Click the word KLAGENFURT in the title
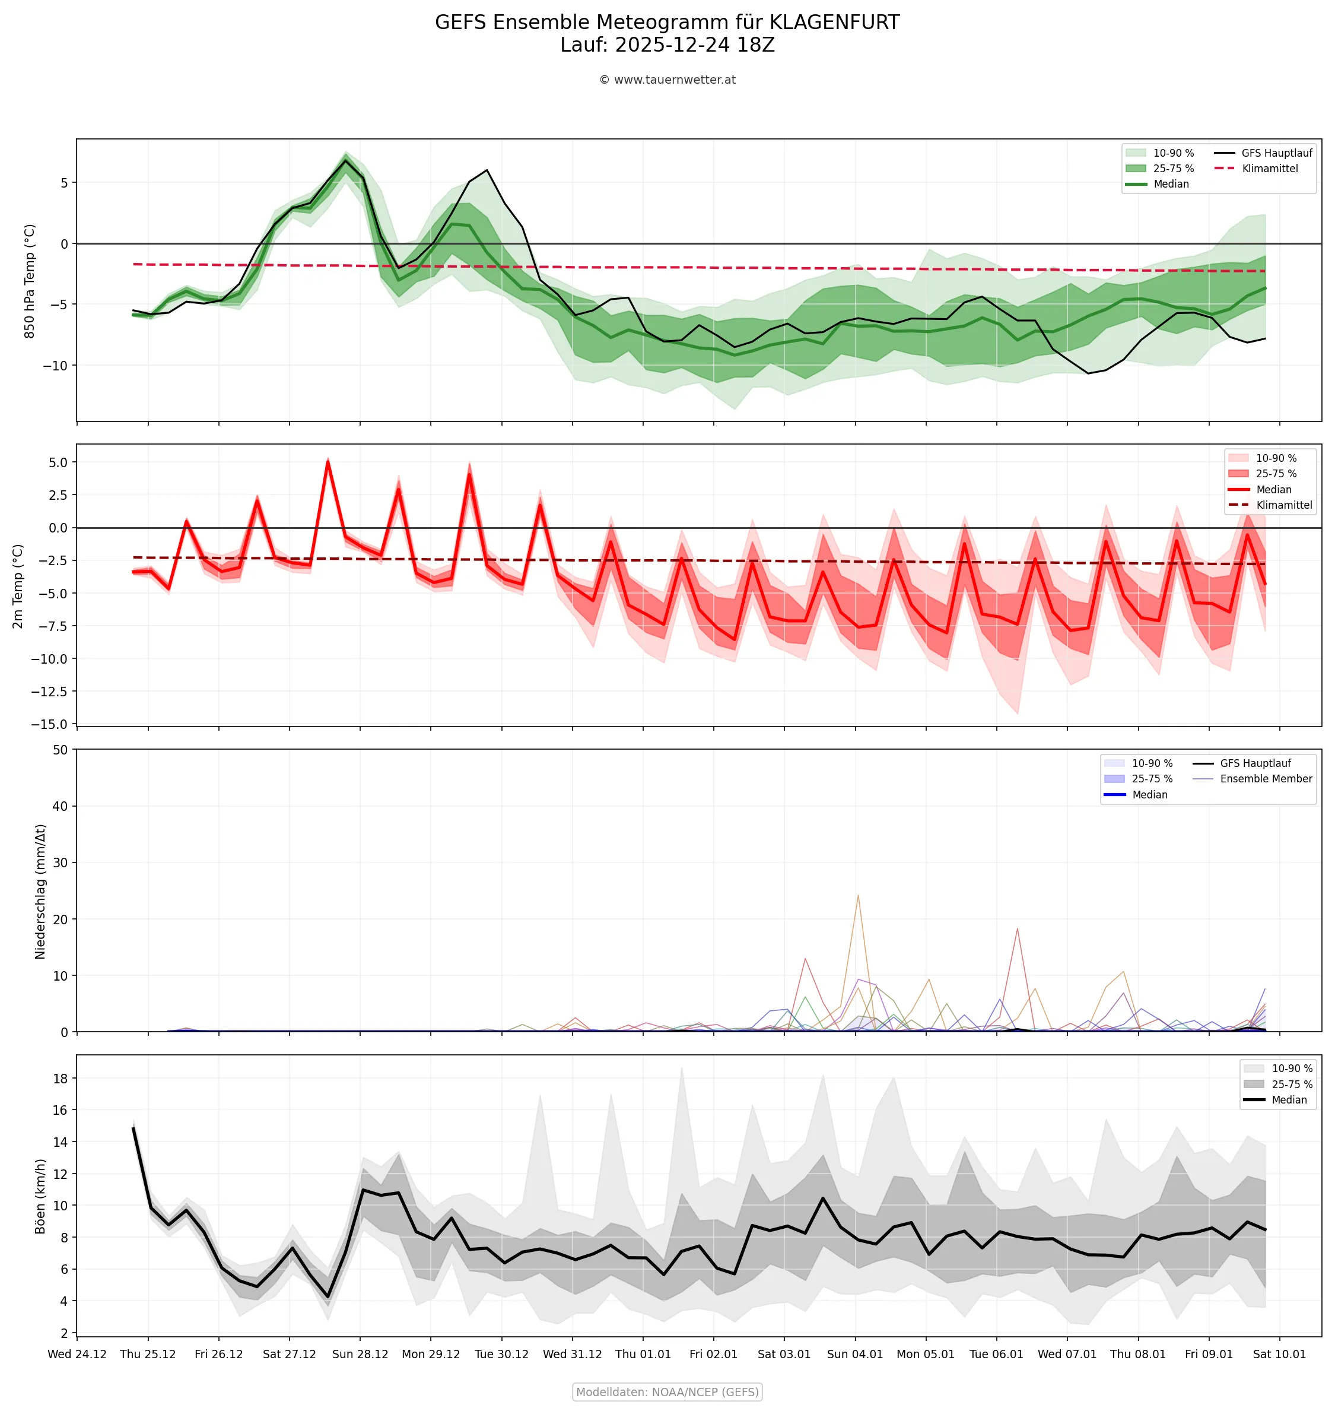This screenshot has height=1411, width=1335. click(834, 23)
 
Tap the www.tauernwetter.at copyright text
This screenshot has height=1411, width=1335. click(667, 80)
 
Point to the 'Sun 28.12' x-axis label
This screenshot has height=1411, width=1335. click(360, 1354)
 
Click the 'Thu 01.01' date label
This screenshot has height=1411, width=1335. click(643, 1354)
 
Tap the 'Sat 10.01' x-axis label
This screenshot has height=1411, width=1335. click(1279, 1354)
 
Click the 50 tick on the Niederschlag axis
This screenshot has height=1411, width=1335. click(60, 750)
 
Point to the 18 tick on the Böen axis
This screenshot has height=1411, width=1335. click(60, 1079)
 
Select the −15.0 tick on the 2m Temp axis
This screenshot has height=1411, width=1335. click(49, 724)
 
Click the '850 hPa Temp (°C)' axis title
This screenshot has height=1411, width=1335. click(30, 281)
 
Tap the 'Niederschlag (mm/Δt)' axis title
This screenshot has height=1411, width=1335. click(40, 892)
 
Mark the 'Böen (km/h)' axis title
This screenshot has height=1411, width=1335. click(40, 1197)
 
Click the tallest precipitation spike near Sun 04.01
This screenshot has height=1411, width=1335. click(858, 896)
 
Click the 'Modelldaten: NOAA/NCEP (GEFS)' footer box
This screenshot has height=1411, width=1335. click(667, 1392)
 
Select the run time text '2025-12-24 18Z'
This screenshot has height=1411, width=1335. click(695, 45)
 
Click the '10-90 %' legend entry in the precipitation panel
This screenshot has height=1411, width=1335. click(1152, 763)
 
